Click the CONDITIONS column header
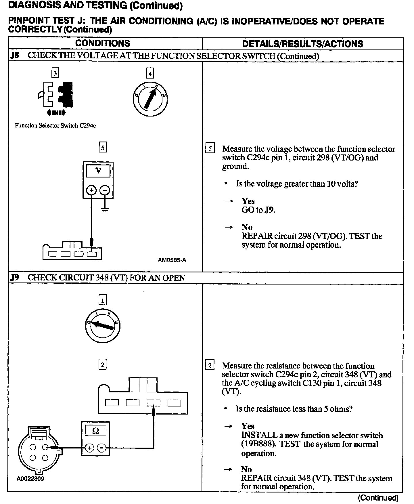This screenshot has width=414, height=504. click(102, 43)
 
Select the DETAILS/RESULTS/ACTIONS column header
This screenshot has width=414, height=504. click(302, 44)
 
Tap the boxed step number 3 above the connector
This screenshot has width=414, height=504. click(55, 72)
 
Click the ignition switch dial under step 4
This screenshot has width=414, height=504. click(150, 100)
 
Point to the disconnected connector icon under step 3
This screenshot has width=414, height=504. click(55, 95)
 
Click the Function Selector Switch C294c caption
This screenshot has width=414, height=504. click(55, 126)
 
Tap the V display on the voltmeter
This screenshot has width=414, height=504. click(98, 171)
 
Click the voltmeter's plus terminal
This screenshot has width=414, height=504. click(91, 190)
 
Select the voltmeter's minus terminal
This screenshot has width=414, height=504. click(105, 190)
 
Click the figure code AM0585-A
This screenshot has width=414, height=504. click(172, 260)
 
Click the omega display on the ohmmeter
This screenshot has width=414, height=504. click(96, 431)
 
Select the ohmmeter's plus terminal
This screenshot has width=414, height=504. click(89, 448)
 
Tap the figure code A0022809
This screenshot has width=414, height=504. click(30, 479)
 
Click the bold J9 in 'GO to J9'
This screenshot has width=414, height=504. click(269, 210)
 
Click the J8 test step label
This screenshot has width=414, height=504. click(14, 56)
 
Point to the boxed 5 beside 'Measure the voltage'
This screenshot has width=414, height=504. click(210, 148)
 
